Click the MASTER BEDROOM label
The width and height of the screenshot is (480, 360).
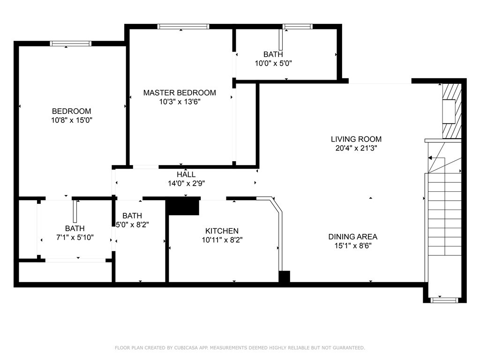point(180,92)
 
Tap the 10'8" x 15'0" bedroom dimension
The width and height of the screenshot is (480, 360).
point(72,120)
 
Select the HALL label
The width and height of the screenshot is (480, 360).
point(186,174)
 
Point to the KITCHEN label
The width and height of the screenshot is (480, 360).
point(222,231)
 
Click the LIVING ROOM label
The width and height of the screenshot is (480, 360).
point(356,139)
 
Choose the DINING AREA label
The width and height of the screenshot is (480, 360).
point(353,237)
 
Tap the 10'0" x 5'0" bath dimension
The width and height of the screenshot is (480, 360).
point(273,63)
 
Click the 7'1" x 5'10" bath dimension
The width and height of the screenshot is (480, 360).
point(75,237)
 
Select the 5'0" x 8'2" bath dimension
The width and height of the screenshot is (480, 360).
point(133,225)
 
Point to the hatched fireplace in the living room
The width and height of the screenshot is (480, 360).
point(452,111)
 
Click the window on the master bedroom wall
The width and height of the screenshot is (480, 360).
point(183,27)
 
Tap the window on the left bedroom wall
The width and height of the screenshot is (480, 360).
point(71,44)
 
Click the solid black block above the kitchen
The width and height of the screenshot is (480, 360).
point(183,206)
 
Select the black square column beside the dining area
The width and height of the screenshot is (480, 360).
point(284,277)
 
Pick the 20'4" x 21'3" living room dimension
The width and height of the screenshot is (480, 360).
point(356,148)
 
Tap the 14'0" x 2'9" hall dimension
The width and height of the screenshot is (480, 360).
point(187,183)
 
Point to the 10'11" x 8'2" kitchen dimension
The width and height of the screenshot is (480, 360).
point(222,240)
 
